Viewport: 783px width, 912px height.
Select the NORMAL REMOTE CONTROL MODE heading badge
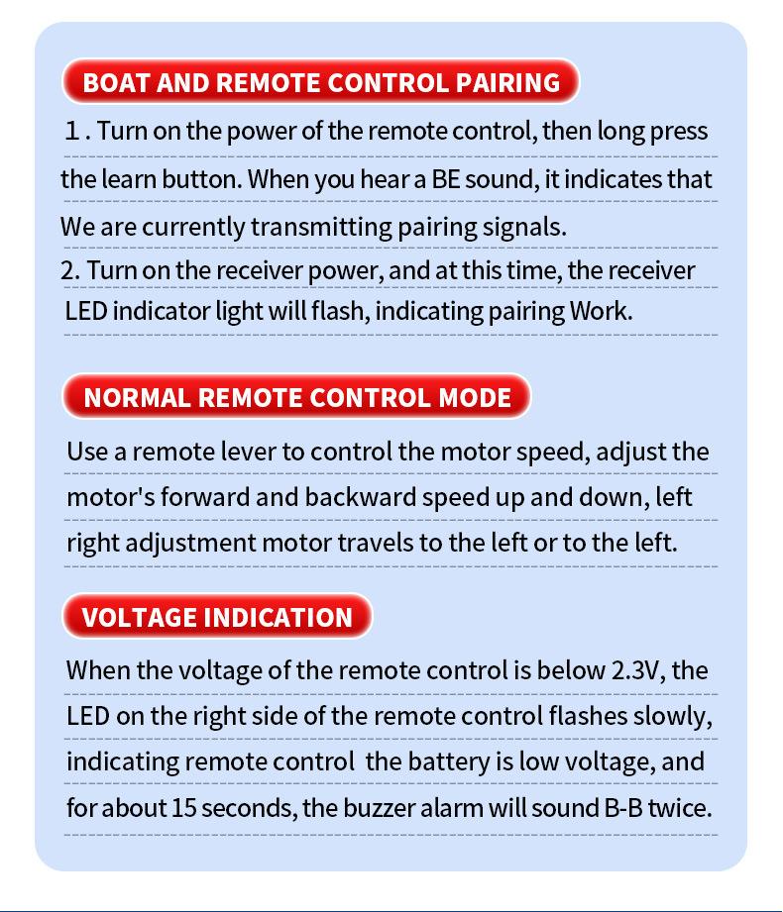click(x=296, y=397)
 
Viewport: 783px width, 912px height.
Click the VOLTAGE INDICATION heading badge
click(x=217, y=617)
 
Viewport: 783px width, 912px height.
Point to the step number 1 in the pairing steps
click(x=72, y=132)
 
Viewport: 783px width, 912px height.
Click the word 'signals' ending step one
click(x=526, y=226)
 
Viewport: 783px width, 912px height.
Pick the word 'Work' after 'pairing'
click(x=599, y=310)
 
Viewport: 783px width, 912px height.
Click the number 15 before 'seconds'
click(x=183, y=807)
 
